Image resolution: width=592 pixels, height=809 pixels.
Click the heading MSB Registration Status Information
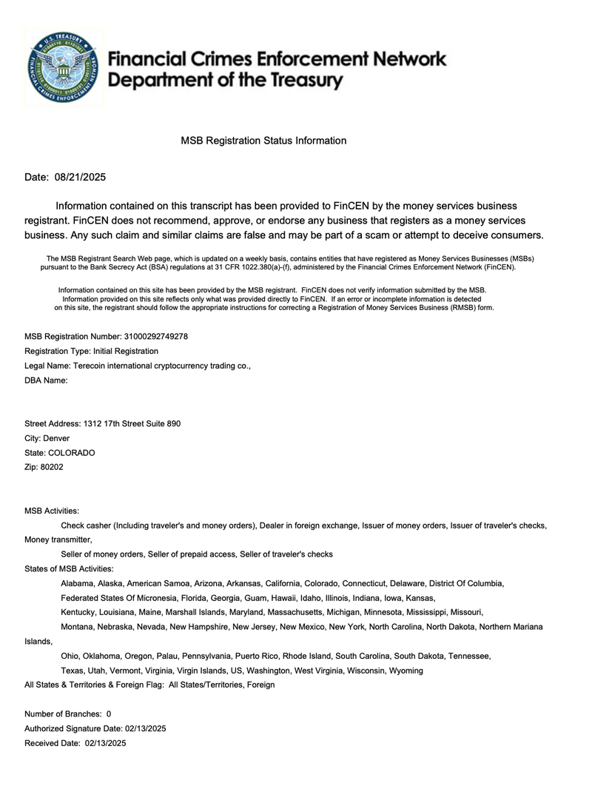263,141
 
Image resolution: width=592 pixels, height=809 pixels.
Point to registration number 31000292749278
156,336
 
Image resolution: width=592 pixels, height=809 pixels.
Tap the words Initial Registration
124,351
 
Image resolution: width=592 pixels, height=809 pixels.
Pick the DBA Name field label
46,380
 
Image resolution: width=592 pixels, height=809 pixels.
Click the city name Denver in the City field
57,438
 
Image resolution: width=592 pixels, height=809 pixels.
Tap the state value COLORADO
72,452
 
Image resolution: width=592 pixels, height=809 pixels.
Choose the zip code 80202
52,467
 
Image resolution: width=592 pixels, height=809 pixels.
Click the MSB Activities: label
52,511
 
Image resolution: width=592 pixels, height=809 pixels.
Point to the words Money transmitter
58,540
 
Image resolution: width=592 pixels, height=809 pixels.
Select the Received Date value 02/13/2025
105,743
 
